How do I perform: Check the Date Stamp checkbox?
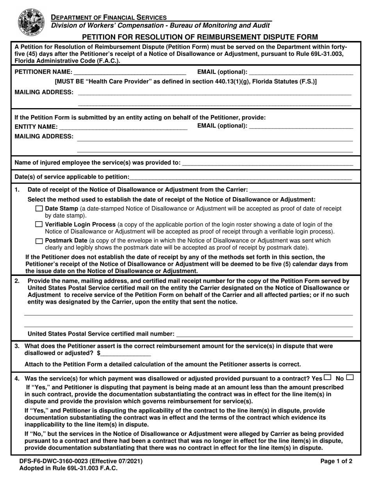click(39, 209)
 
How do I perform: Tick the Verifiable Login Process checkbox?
click(39, 225)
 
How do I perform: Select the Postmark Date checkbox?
click(39, 241)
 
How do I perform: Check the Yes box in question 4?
click(327, 377)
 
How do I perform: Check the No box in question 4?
click(350, 377)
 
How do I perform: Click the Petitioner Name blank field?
click(130, 72)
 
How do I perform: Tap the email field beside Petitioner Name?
click(301, 72)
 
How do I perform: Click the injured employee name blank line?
click(268, 163)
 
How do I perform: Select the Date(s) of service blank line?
click(240, 177)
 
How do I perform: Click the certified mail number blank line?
click(264, 334)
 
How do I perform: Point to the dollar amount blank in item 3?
click(126, 353)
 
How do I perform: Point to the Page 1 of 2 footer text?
click(336, 461)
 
